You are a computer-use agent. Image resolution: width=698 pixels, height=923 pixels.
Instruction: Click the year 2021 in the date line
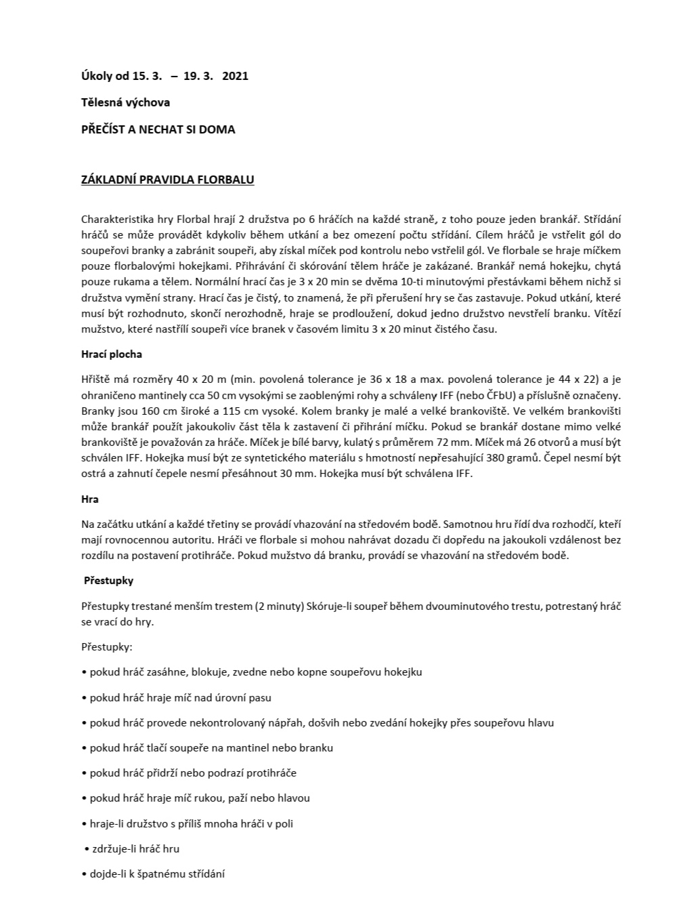(x=235, y=76)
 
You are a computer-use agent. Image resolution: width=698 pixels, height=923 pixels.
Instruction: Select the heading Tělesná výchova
(x=125, y=102)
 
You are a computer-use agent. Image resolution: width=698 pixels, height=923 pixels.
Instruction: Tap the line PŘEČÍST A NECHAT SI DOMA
(x=158, y=129)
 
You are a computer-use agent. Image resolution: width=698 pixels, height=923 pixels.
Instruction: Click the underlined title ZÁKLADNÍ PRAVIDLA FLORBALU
(x=167, y=180)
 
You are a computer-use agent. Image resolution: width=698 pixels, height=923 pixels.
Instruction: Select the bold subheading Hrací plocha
(x=111, y=354)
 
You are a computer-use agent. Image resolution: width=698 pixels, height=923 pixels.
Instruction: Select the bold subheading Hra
(x=89, y=499)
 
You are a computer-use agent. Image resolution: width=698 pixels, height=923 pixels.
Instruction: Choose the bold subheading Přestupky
(x=108, y=581)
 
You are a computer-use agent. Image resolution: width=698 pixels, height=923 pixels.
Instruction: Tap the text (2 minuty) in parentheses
(x=280, y=606)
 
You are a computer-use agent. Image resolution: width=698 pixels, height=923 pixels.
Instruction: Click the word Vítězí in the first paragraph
(x=605, y=314)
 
